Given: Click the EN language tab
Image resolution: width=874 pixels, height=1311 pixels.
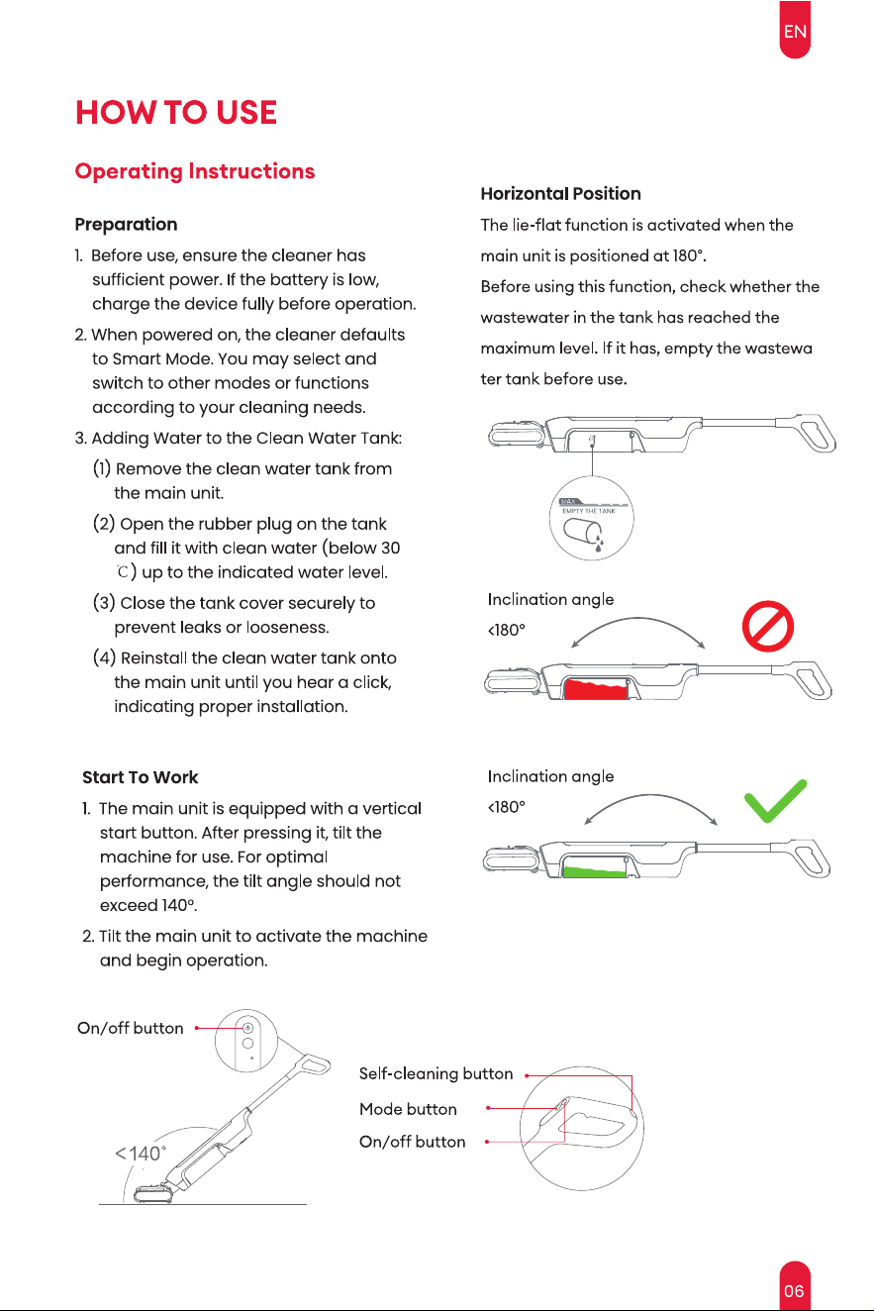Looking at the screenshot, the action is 795,30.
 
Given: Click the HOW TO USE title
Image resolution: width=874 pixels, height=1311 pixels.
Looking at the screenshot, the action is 176,112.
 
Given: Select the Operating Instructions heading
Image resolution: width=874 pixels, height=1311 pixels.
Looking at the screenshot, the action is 195,171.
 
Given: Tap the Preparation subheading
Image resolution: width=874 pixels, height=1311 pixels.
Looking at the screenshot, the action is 126,224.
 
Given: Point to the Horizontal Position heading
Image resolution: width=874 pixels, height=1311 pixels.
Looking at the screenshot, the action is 560,194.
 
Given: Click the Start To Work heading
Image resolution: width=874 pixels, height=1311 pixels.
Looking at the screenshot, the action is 140,777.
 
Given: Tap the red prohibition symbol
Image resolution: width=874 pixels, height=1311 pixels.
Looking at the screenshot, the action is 767,626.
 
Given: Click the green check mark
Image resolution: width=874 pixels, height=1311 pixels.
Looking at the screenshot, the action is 775,801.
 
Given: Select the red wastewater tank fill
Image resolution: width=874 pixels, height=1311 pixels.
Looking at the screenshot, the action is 596,689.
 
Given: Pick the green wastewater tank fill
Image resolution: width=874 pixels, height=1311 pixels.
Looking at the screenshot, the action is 594,871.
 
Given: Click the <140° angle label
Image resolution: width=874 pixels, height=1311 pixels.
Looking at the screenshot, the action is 141,1153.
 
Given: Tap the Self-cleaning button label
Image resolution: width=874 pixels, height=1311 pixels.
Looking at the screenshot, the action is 436,1073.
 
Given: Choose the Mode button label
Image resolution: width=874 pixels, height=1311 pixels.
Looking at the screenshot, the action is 408,1108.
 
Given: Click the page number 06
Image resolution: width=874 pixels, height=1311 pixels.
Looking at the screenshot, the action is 794,1290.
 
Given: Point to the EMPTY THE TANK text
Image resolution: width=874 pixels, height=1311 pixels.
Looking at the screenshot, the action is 589,511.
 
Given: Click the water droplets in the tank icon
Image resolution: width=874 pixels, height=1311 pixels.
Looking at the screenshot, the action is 598,542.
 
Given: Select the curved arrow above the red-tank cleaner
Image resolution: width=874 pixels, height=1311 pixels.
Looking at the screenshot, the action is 637,618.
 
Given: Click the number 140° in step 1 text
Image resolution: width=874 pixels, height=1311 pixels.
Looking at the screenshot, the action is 177,905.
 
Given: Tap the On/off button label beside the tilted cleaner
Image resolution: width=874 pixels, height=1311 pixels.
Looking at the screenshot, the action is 130,1028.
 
